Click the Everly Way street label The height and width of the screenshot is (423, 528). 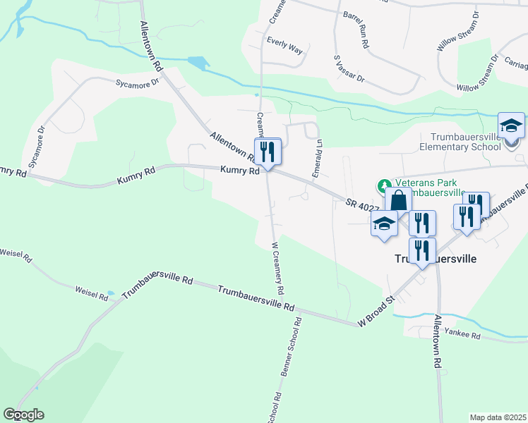coord(284,51)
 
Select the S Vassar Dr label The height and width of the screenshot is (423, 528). coord(349,67)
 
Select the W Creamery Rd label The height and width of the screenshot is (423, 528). coord(277,269)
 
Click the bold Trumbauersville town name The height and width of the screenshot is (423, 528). coord(433,259)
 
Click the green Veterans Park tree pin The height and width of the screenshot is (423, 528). coord(384,188)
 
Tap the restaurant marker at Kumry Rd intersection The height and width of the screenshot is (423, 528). coord(268,151)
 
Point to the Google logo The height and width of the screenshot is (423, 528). coord(23,415)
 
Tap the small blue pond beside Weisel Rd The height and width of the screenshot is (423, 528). coord(109,293)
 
